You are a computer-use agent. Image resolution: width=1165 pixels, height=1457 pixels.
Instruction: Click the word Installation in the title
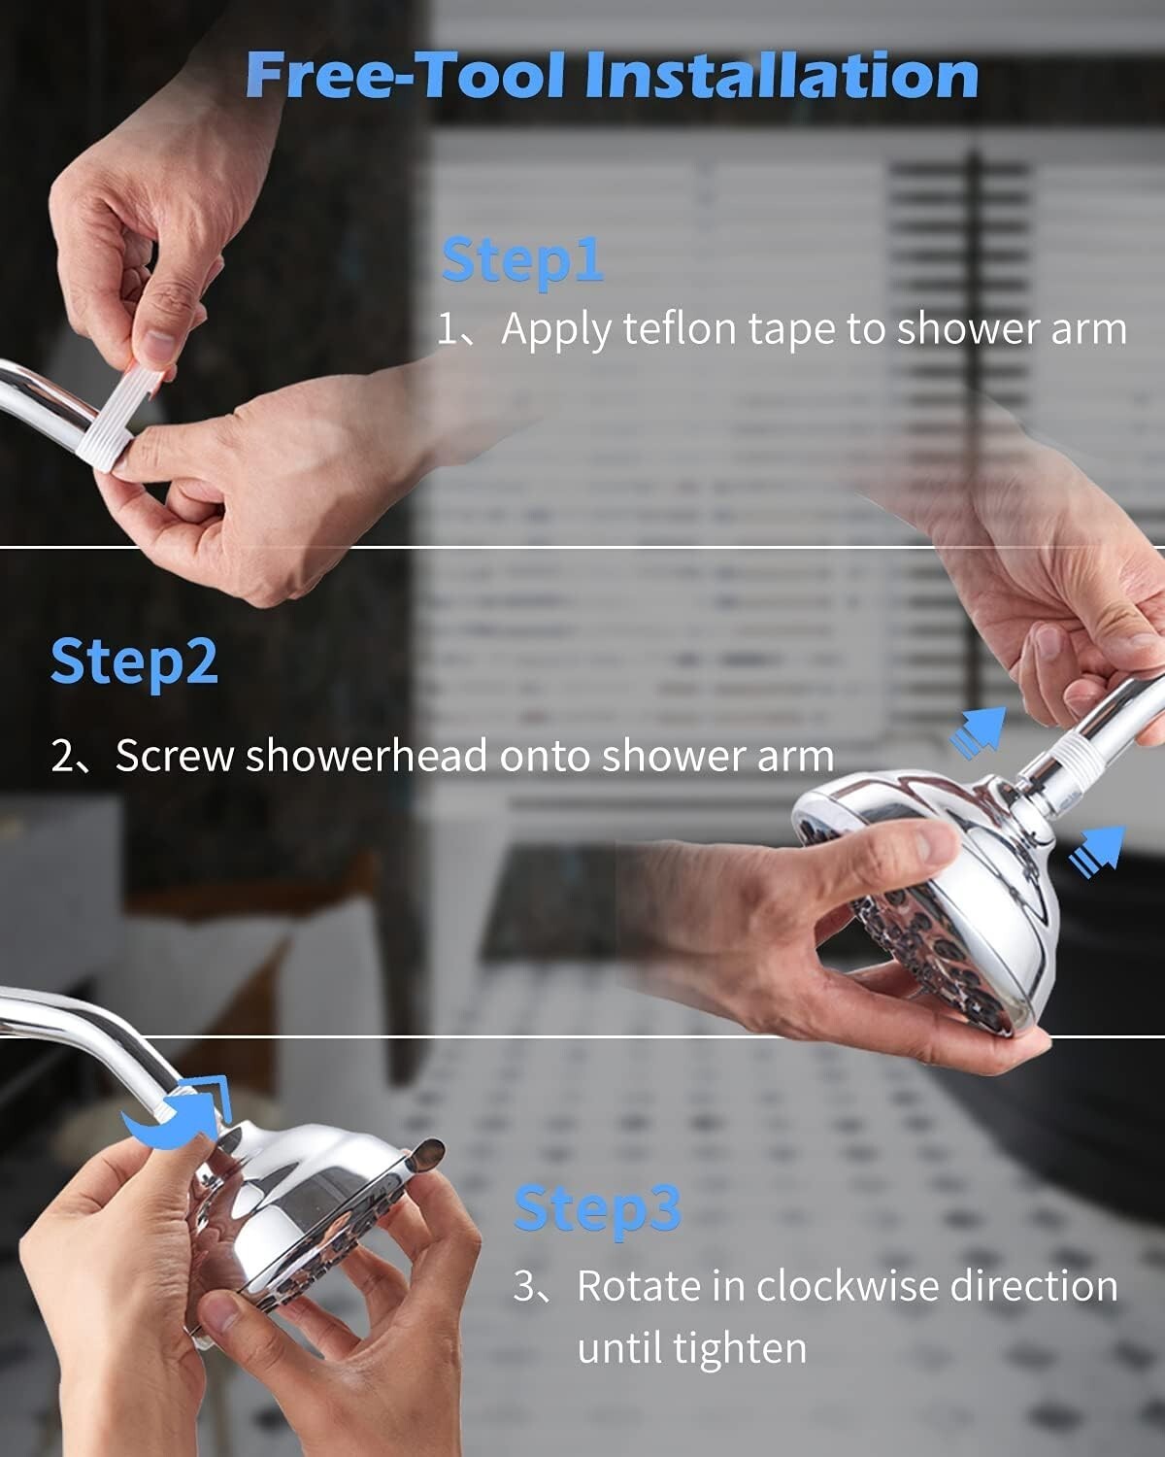[x=782, y=75]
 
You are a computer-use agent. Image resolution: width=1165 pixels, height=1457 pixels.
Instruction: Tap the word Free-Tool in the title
[x=406, y=75]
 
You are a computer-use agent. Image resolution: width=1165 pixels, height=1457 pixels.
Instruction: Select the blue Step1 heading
[x=522, y=261]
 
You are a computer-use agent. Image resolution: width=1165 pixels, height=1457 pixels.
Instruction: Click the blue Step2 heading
[x=134, y=662]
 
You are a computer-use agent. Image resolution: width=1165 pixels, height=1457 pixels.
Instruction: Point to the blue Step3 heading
[x=597, y=1209]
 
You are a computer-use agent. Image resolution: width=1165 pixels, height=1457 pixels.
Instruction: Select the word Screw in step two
[x=175, y=756]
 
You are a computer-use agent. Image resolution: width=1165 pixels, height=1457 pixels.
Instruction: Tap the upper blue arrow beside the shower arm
[x=979, y=731]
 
